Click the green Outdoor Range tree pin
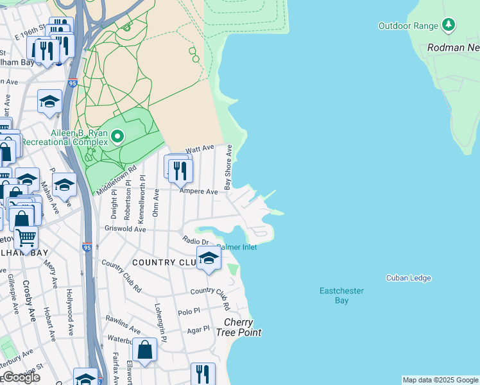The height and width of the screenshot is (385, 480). [x=449, y=26]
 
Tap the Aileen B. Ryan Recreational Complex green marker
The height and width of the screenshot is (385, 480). [x=117, y=136]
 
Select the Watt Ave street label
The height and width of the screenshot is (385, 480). [x=199, y=149]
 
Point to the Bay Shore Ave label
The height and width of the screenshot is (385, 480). [x=227, y=167]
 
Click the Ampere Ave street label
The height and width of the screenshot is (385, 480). [x=198, y=191]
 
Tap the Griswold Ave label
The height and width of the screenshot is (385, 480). [x=125, y=228]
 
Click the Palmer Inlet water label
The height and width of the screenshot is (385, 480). [x=237, y=247]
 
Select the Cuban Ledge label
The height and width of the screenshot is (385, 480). [x=408, y=278]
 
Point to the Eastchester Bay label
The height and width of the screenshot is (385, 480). [x=341, y=296]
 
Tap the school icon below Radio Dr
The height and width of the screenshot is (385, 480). [x=208, y=259]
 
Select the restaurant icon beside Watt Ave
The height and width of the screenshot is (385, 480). [x=180, y=169]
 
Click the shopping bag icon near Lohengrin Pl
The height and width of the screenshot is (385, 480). [x=144, y=350]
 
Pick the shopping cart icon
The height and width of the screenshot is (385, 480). [x=26, y=237]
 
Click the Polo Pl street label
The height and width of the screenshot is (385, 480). [x=189, y=311]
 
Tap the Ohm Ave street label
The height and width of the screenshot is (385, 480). [x=156, y=203]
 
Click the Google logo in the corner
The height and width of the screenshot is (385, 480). [x=21, y=378]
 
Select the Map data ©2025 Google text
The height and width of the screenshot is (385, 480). [x=440, y=380]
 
